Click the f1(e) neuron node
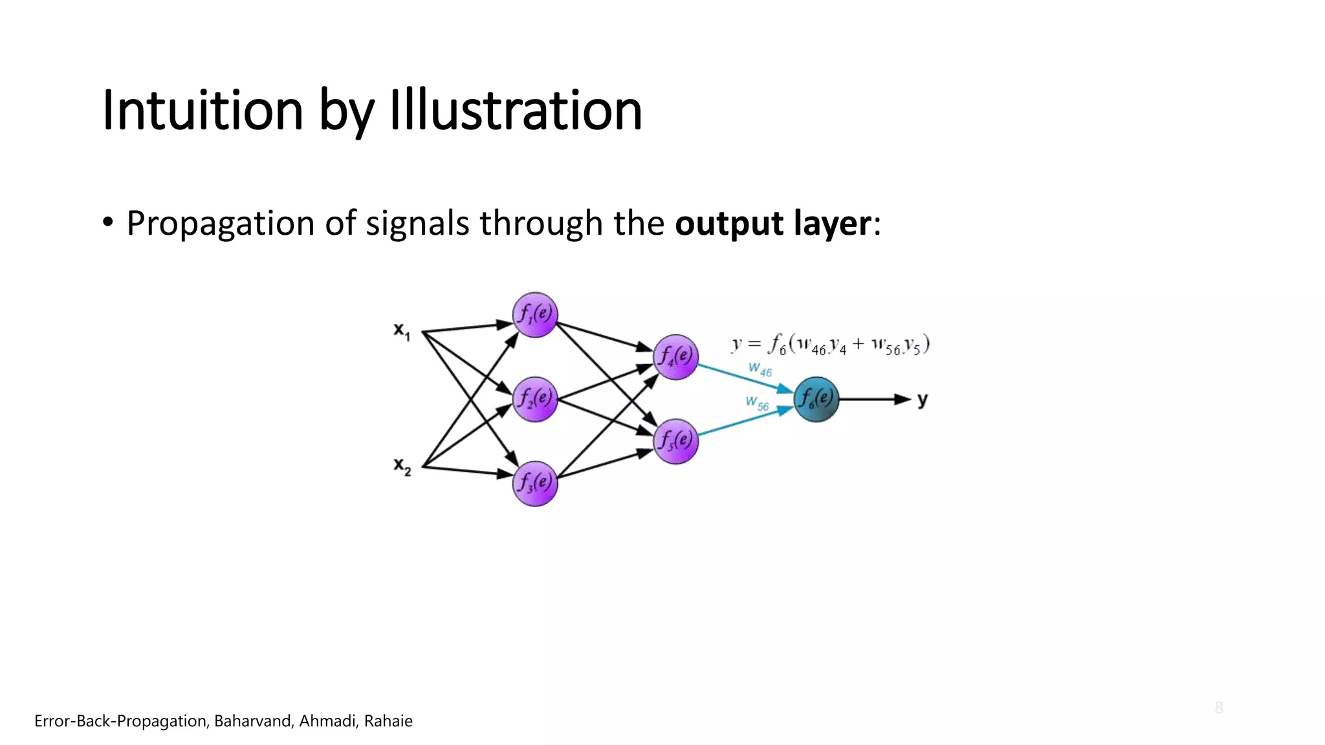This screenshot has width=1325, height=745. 535,315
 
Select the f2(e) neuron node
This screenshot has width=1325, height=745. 535,399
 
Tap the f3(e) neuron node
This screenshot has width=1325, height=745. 535,483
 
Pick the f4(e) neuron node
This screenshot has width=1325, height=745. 675,357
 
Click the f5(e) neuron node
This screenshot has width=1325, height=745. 675,442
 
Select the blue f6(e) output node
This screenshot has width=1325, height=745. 816,399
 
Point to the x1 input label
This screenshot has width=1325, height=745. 402,331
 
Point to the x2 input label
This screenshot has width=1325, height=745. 402,466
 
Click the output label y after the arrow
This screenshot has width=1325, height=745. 923,400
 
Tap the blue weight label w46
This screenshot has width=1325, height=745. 760,369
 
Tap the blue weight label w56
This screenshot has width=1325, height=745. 758,403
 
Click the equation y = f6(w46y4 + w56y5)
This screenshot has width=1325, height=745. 831,345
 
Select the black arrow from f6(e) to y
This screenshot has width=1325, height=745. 873,399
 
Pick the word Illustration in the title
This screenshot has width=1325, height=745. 515,110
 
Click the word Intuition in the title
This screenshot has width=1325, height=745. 203,110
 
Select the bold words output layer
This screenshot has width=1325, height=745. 773,223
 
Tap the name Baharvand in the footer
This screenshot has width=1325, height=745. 253,721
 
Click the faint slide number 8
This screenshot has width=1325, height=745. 1219,707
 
